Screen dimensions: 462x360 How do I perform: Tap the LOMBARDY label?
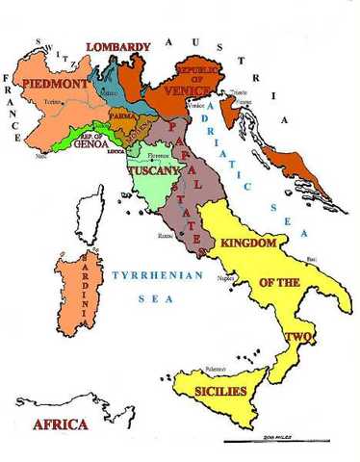(119, 47)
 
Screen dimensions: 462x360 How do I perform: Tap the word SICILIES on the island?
(222, 392)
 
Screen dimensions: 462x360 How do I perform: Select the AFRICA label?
(60, 424)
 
